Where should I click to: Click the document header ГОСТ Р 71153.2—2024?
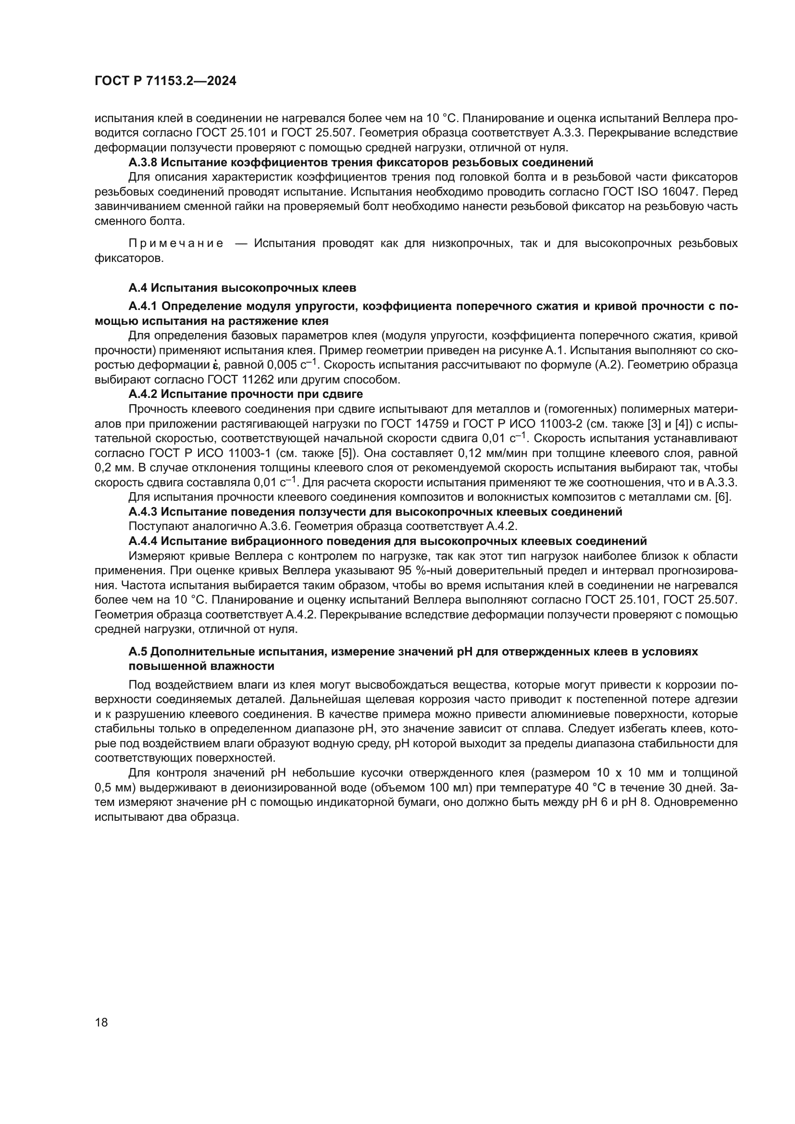[x=165, y=81]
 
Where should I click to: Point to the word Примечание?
[x=176, y=244]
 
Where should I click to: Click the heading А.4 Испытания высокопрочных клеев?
[x=242, y=288]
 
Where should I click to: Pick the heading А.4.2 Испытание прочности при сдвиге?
[x=245, y=394]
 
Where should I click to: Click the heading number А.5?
[x=137, y=652]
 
